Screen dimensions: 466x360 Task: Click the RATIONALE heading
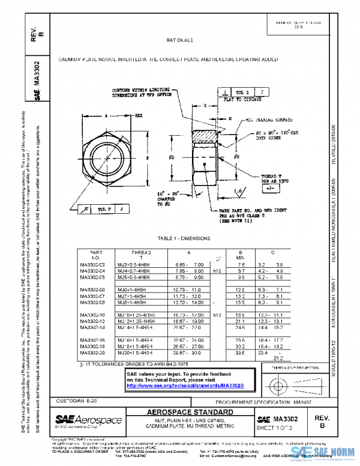(179, 40)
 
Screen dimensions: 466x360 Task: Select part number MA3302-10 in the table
(92, 314)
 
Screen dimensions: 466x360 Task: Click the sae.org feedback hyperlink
(176, 386)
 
